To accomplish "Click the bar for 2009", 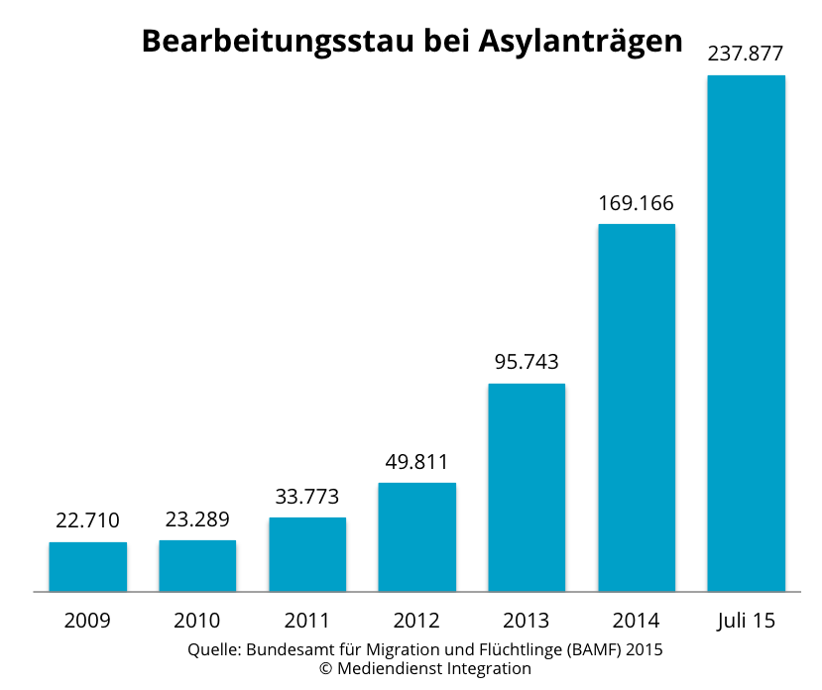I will [88, 566].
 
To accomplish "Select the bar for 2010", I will [197, 565].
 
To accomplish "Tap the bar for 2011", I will [307, 554].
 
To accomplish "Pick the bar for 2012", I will [416, 536].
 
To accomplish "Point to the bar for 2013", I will [527, 487].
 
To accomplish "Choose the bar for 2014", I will [636, 407].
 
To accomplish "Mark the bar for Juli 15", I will [746, 333].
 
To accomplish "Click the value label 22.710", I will [88, 520].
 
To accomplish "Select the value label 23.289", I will [197, 518].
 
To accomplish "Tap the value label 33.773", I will [307, 496].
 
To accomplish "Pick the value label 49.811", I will [416, 461].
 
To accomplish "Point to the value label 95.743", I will [527, 362].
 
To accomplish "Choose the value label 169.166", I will [636, 203].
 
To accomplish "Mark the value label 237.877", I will [746, 55].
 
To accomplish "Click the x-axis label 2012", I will [416, 622].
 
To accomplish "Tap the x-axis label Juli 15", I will [746, 622].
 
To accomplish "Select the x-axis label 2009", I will [88, 622].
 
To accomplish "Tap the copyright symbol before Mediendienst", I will [324, 669].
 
